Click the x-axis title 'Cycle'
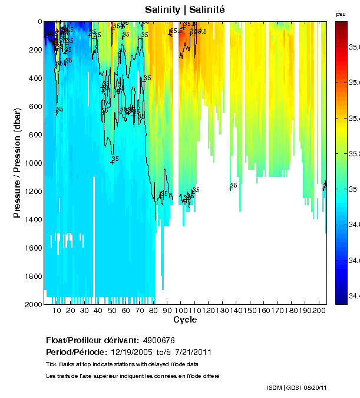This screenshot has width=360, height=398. tap(185, 320)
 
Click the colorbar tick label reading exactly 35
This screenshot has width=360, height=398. tap(352, 189)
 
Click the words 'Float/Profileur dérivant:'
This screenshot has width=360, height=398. tap(92, 340)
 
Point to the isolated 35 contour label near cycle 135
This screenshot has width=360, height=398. tap(233, 185)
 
